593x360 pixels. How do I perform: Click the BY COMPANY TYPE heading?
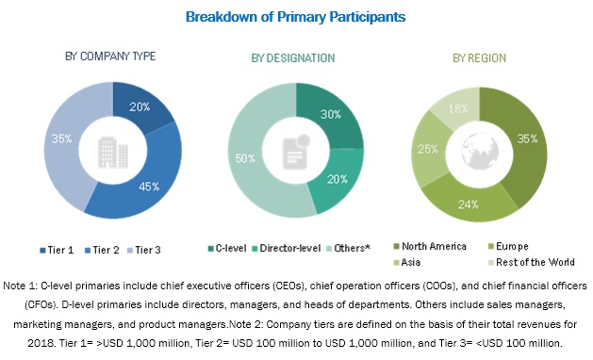coord(111,57)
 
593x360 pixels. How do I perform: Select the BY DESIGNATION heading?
coord(293,58)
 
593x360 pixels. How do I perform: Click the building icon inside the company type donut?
coord(112,149)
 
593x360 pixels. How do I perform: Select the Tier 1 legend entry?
coord(59,250)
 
